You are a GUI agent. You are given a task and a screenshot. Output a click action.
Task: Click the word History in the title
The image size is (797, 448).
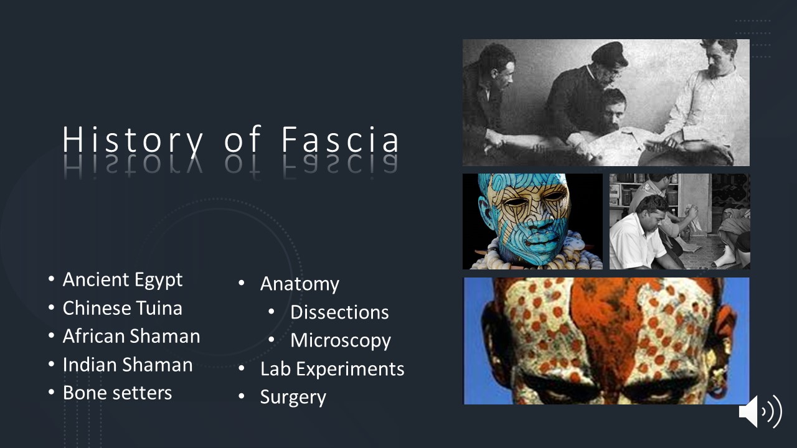click(133, 141)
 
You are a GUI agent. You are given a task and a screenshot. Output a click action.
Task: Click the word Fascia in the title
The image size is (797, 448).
click(340, 139)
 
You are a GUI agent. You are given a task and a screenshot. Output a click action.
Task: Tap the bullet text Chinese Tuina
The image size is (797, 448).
click(123, 308)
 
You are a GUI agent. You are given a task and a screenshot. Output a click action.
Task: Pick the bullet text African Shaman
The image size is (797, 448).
click(131, 336)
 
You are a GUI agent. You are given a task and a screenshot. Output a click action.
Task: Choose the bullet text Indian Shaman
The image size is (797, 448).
click(128, 365)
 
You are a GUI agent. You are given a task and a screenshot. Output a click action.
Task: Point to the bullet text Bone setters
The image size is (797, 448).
click(118, 393)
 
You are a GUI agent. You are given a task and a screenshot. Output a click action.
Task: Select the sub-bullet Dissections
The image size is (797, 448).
click(339, 312)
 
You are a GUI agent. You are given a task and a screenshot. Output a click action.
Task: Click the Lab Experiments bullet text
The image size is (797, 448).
click(332, 370)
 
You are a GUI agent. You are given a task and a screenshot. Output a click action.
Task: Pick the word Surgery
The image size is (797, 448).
click(293, 398)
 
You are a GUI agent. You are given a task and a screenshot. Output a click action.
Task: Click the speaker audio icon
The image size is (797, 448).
click(760, 411)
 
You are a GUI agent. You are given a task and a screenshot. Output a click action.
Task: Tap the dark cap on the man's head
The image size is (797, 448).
click(610, 54)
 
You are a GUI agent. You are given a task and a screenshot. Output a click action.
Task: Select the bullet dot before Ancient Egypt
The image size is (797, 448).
click(51, 279)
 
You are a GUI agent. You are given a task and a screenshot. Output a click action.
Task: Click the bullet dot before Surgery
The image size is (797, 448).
click(242, 396)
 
